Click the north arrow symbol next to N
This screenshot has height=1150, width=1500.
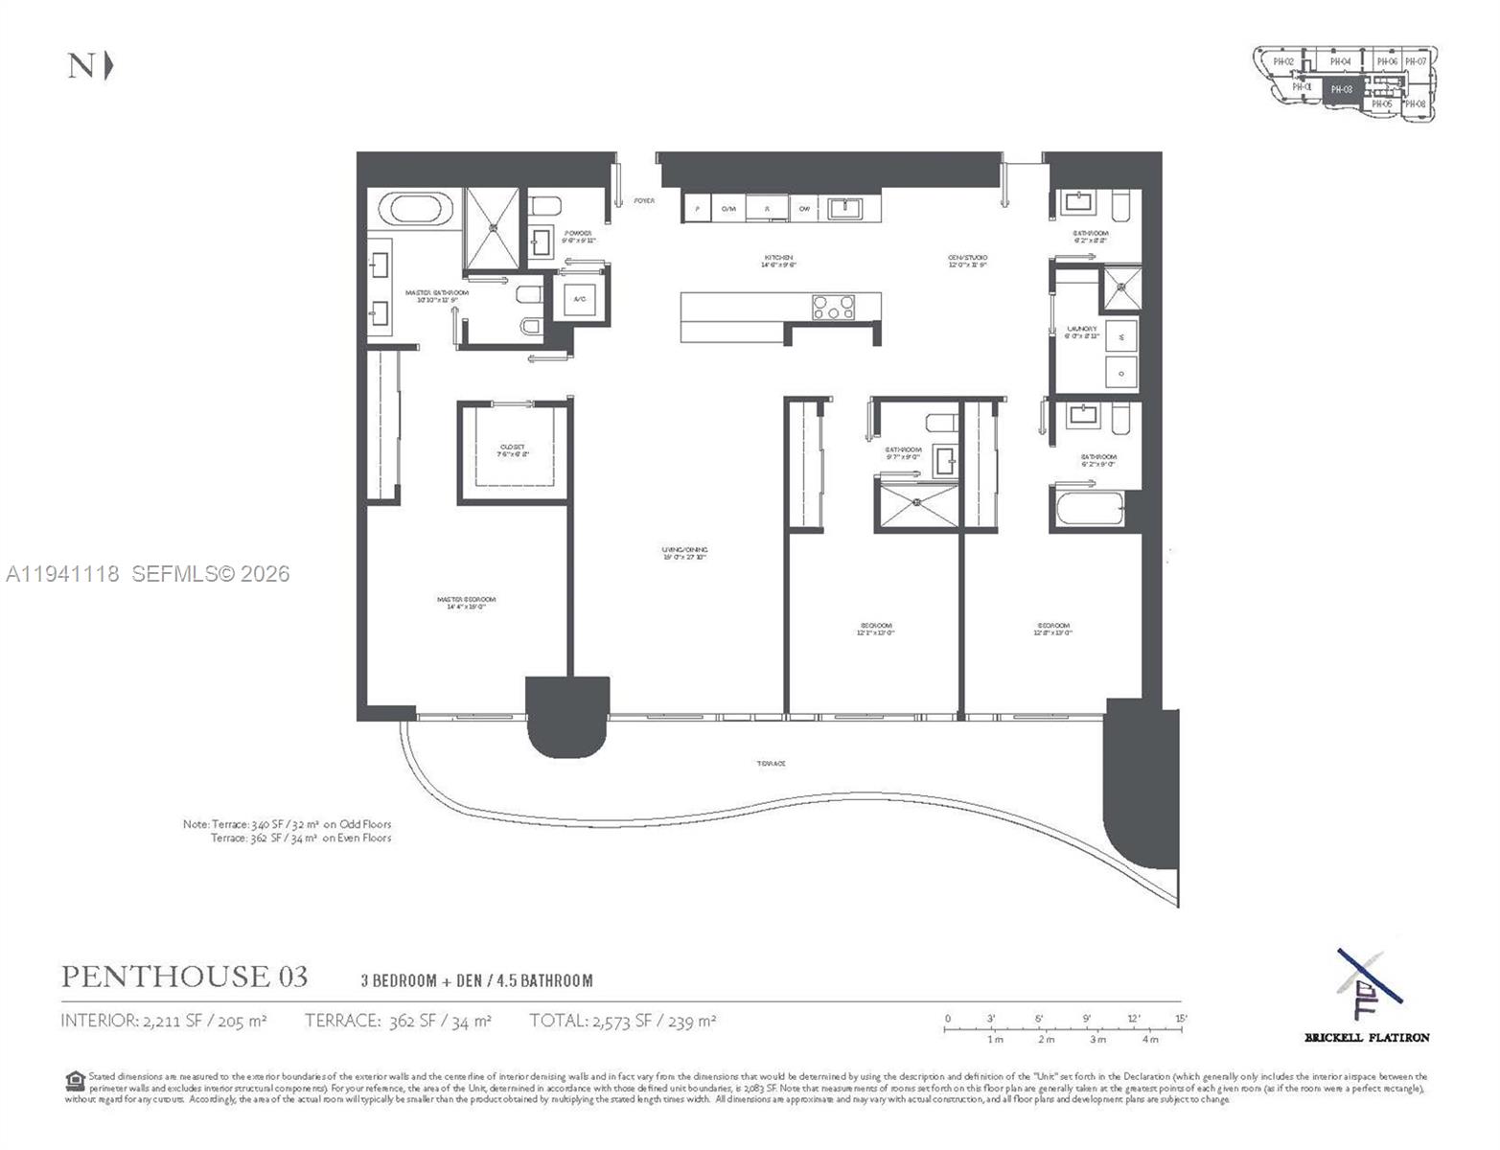(108, 66)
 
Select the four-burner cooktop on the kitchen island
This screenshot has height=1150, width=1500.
(833, 308)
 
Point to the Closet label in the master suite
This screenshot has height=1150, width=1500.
(513, 450)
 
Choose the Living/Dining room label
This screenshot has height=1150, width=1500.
(684, 553)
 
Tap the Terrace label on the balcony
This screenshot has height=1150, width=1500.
(772, 764)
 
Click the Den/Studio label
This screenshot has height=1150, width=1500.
(968, 261)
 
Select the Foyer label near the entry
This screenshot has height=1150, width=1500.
(644, 200)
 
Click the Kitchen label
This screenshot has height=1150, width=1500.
(778, 261)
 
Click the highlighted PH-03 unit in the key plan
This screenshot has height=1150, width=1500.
(1342, 89)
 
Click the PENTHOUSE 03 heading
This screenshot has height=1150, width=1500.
(185, 977)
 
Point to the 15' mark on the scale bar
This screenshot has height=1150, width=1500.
(1180, 1019)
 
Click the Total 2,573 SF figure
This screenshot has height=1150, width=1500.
(622, 1022)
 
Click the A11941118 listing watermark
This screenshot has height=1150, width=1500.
(63, 574)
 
